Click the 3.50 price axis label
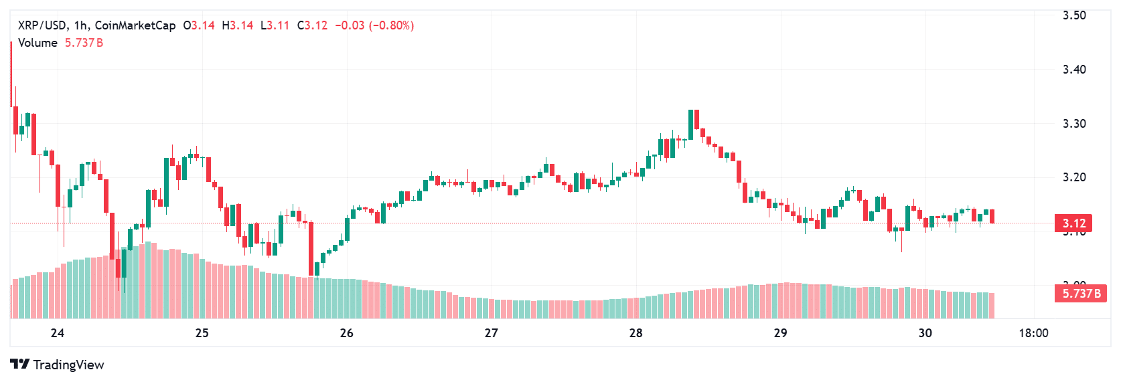pyautogui.click(x=1074, y=15)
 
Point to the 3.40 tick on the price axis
pyautogui.click(x=1074, y=70)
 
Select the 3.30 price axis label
pyautogui.click(x=1074, y=124)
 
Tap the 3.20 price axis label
pyautogui.click(x=1074, y=177)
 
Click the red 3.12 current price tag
pyautogui.click(x=1073, y=223)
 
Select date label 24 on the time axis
pyautogui.click(x=58, y=333)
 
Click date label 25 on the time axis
pyautogui.click(x=202, y=333)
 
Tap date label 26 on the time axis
pyautogui.click(x=346, y=333)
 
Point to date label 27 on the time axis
pyautogui.click(x=491, y=333)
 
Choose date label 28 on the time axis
pyautogui.click(x=636, y=333)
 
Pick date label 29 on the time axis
pyautogui.click(x=780, y=333)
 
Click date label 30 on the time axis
pyautogui.click(x=925, y=333)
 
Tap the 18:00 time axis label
pyautogui.click(x=1033, y=333)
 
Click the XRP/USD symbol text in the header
pyautogui.click(x=42, y=25)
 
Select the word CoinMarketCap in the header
pyautogui.click(x=135, y=25)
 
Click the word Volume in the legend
pyautogui.click(x=38, y=43)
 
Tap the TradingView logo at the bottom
pyautogui.click(x=58, y=365)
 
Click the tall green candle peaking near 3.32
pyautogui.click(x=690, y=125)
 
